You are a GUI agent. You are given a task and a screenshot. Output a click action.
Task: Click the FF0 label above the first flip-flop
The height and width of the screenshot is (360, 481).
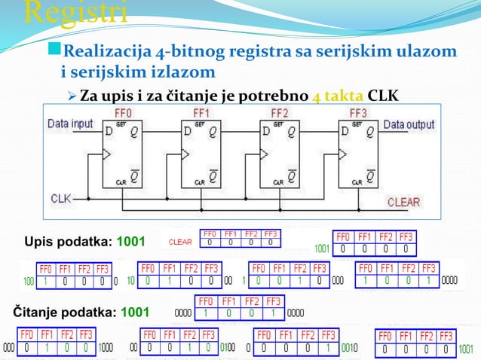(124, 112)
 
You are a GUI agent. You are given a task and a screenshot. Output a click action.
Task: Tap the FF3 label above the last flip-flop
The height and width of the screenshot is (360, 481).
(358, 112)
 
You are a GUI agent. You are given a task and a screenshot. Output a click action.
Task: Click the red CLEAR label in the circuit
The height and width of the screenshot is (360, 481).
(403, 202)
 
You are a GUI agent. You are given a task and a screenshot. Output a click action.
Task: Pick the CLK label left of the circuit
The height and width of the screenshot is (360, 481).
(61, 198)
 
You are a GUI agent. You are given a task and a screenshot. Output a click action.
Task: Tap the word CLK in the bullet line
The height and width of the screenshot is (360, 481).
(383, 96)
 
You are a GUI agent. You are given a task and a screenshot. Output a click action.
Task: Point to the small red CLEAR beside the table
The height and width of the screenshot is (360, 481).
(180, 242)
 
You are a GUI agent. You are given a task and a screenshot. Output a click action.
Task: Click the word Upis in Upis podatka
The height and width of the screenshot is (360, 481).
(39, 241)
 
